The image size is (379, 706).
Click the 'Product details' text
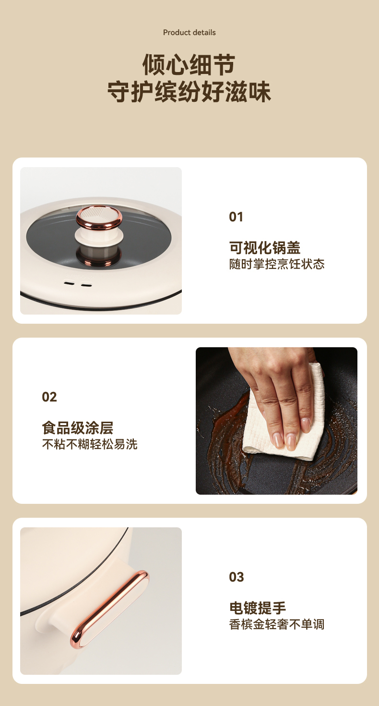[189, 33]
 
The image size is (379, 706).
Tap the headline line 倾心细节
[189, 65]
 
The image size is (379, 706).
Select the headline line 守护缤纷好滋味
[189, 92]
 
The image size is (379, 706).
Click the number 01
[236, 217]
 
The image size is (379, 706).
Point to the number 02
[49, 397]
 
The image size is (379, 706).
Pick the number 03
[237, 577]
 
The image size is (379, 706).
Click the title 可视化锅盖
[265, 248]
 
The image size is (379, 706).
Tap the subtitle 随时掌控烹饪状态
[277, 264]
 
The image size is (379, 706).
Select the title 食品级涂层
[77, 428]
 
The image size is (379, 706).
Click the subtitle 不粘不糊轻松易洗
[90, 444]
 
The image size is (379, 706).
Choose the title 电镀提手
[258, 608]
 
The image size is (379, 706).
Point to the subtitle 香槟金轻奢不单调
[277, 624]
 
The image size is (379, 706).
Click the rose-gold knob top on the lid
[99, 216]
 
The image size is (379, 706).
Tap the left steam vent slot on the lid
[69, 283]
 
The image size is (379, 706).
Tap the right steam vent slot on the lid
[86, 285]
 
